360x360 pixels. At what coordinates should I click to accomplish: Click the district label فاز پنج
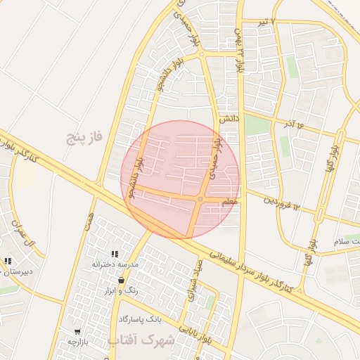tap(84, 136)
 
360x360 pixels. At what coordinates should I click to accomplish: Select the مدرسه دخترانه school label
tap(115, 264)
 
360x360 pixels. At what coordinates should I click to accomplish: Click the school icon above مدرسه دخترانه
tap(115, 254)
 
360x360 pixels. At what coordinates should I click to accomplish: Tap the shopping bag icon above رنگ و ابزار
tap(122, 281)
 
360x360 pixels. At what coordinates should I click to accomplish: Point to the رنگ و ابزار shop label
tap(121, 290)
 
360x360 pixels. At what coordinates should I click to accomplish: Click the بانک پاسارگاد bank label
tap(149, 319)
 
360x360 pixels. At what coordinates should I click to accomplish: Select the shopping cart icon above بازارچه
tap(77, 331)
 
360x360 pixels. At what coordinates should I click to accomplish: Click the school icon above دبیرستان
tap(8, 262)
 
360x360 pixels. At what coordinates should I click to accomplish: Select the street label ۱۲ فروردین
tap(282, 202)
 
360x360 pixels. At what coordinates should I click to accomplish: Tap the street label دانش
tap(229, 120)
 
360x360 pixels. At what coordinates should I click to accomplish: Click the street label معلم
tap(229, 202)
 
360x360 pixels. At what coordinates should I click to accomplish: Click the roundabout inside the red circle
tap(200, 200)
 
